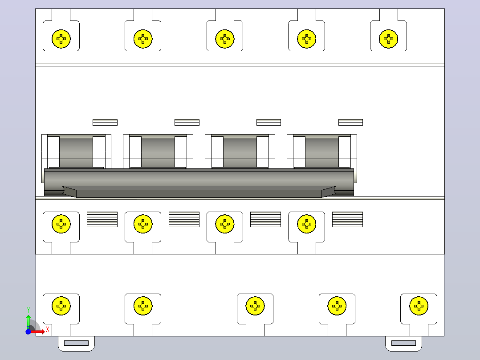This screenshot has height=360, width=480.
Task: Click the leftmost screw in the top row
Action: [61, 39]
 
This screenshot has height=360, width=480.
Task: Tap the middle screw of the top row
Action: [225, 39]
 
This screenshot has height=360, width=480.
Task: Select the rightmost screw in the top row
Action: [388, 39]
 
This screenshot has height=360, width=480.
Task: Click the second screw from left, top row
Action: [143, 39]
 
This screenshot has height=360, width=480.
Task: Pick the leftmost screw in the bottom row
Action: [61, 306]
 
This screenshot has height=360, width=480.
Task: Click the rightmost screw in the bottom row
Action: [419, 306]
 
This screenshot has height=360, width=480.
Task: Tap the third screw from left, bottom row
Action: [255, 306]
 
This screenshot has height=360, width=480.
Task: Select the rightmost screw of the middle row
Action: [306, 224]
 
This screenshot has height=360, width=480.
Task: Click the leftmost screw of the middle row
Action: [61, 224]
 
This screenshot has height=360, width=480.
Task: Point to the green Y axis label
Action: [28, 310]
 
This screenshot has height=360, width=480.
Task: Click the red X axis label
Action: [48, 330]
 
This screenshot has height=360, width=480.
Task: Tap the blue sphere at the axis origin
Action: [28, 331]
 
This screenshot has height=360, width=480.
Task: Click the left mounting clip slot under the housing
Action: [76, 343]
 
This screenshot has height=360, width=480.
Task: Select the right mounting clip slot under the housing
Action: [403, 343]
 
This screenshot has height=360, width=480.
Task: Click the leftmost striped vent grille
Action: [102, 219]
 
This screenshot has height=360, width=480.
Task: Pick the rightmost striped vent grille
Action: [347, 219]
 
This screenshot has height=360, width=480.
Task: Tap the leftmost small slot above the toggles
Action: [105, 122]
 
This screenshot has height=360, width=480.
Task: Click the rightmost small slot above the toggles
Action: [350, 122]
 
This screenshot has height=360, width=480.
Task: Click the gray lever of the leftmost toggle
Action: [76, 152]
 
